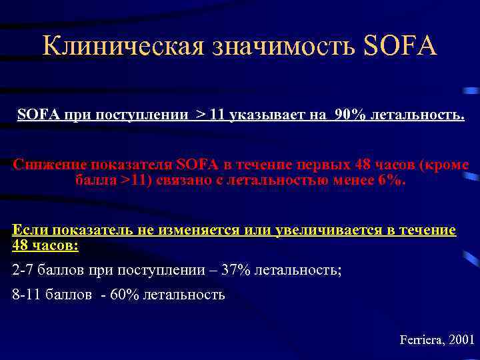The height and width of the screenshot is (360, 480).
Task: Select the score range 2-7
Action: (x=26, y=270)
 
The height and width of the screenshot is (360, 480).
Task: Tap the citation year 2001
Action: (x=462, y=339)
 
